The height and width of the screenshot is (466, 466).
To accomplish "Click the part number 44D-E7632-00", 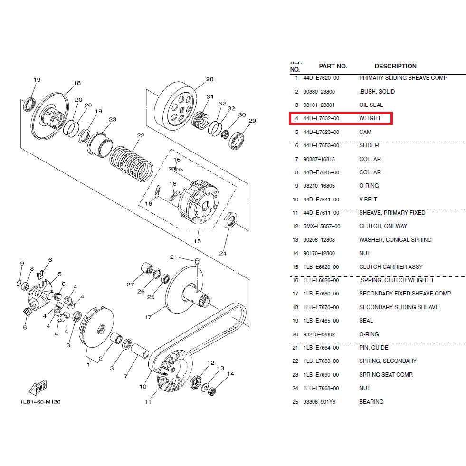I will point(321,118).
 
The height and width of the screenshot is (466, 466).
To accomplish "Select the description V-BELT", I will point(368,200).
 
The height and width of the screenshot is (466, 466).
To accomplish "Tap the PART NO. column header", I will point(333,67).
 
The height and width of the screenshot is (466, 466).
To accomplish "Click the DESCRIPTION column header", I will point(395,67).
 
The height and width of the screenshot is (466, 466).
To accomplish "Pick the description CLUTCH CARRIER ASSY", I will point(390,267).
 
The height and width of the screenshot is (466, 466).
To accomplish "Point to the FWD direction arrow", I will point(38,388).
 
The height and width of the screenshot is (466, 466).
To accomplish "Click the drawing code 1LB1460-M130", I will point(40,402).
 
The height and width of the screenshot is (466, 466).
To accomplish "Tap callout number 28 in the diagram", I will point(209,79).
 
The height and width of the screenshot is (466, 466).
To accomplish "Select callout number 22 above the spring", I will point(140,135).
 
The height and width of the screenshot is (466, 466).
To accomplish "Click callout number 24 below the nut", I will point(223,253).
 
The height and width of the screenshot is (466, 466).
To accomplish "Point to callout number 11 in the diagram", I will point(148,402).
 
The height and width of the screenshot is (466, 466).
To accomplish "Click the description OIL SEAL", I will point(371,105).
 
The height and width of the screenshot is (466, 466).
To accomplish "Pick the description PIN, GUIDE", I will point(374,348).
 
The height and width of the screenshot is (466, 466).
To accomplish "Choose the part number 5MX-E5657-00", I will point(322,226).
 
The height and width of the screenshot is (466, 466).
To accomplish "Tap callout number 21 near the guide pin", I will point(174,257).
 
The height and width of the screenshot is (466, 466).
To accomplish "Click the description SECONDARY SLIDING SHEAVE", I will point(399,307).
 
